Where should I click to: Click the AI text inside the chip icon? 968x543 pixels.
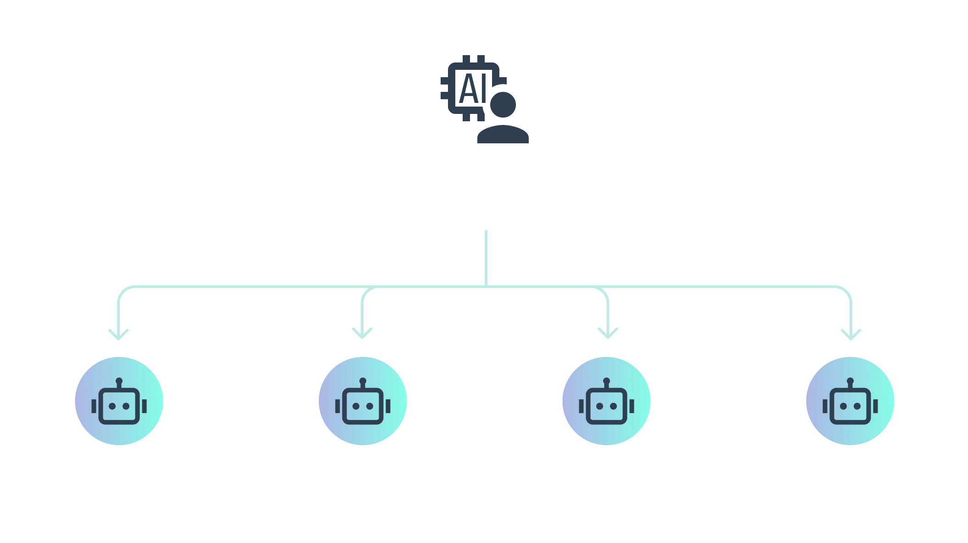[473, 88]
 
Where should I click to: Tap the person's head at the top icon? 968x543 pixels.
[503, 105]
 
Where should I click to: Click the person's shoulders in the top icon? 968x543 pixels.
[503, 134]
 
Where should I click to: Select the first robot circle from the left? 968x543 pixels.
[119, 401]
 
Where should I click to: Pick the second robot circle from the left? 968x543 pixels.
[363, 401]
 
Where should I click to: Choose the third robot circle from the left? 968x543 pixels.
[606, 401]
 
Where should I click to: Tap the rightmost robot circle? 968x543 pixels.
[850, 401]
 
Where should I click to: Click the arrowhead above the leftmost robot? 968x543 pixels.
[118, 335]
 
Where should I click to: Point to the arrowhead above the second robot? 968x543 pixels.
[362, 334]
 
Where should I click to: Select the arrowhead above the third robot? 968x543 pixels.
[608, 334]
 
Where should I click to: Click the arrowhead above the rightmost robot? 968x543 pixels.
[851, 335]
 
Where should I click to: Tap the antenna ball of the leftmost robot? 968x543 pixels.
[119, 381]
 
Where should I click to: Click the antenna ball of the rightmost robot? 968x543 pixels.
[850, 381]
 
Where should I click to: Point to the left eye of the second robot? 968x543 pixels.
[356, 406]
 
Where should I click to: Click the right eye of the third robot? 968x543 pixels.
[613, 406]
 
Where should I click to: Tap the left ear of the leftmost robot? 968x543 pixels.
[94, 406]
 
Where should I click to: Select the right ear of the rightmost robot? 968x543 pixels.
[875, 406]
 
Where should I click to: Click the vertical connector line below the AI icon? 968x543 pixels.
[486, 258]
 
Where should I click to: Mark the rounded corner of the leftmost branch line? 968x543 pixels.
[123, 291]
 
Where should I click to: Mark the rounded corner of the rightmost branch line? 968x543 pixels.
[846, 291]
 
